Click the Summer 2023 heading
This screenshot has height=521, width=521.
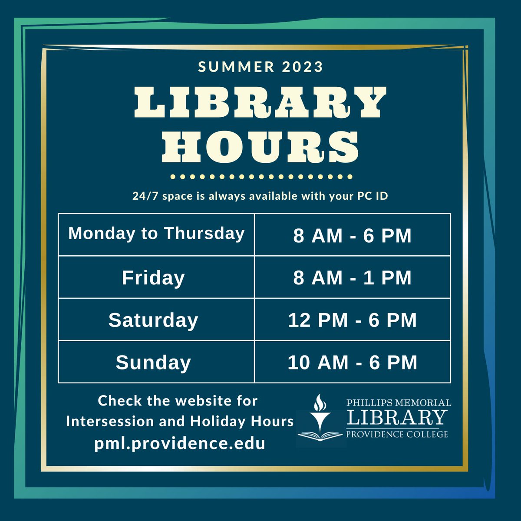(x=260, y=67)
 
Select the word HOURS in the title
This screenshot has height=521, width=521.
(x=260, y=145)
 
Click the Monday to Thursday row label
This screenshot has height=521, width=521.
(x=156, y=234)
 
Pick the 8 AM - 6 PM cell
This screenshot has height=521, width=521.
(x=352, y=236)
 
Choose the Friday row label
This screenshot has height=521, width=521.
(x=153, y=278)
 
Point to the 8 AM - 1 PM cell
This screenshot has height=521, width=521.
(x=352, y=278)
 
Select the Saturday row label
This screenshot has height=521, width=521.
(x=153, y=320)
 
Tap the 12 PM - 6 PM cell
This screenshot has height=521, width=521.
(x=352, y=320)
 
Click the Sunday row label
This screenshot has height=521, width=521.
(x=153, y=363)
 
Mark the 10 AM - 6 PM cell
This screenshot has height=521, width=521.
(x=352, y=363)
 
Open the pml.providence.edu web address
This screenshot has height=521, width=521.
(x=180, y=444)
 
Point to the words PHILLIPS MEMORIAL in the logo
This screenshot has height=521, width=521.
(x=399, y=403)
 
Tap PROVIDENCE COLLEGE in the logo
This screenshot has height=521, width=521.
(x=397, y=434)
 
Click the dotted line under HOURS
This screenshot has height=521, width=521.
(x=261, y=177)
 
